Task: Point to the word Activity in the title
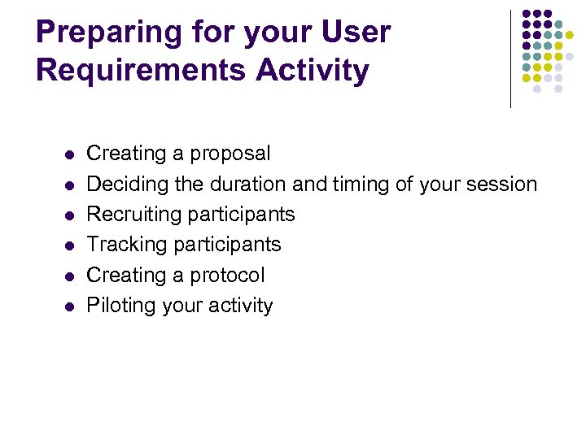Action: point(312,71)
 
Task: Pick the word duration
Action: point(248,185)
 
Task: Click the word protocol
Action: point(225,276)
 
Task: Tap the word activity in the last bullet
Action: point(242,306)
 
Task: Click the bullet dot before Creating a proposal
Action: point(69,154)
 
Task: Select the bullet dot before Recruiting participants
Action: point(69,215)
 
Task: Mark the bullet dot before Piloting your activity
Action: point(69,306)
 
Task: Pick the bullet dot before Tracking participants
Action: point(69,246)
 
